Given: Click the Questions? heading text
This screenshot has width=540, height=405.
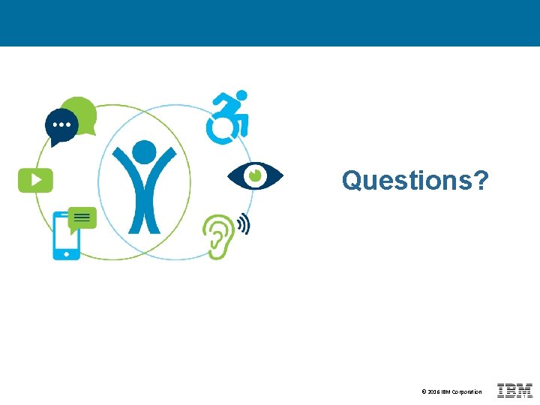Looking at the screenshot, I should point(415,180).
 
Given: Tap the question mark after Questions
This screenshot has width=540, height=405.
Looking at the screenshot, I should point(481,180).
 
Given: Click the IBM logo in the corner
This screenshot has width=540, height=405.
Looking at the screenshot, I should point(514,391).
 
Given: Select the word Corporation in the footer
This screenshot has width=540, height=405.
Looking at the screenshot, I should point(466,392).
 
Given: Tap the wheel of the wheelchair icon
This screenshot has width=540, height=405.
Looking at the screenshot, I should point(221,128).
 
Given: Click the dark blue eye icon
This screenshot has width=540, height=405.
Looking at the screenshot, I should point(255,175).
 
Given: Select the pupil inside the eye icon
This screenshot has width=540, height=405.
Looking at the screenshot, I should point(255,175).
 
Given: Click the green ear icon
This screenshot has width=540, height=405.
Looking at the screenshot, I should point(218,235).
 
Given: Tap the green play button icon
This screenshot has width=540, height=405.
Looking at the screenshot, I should point(35,180).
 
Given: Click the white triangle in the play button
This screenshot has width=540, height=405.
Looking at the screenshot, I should point(36,180).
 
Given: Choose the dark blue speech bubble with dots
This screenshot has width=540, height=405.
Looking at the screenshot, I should point(61,125).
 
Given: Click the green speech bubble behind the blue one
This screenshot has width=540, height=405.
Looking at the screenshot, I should point(83,110).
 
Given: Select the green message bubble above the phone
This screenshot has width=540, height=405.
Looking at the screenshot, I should point(82,218).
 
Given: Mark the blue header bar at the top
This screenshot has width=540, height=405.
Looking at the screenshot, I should point(270,22).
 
